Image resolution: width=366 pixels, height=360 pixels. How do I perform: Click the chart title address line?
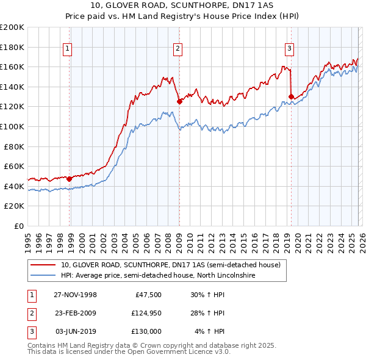182,5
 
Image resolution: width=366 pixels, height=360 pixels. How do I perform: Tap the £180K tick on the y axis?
12,47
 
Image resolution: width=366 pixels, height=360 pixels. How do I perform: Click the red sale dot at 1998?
70,179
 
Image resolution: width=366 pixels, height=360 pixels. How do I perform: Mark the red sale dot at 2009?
179,102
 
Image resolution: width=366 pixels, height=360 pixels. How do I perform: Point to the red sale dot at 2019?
291,96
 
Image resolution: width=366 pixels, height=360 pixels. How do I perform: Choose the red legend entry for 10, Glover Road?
170,265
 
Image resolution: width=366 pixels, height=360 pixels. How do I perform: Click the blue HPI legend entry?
157,276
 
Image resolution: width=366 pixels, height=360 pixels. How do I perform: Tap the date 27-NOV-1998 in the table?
75,295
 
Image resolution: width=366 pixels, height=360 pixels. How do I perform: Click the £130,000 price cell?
146,331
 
